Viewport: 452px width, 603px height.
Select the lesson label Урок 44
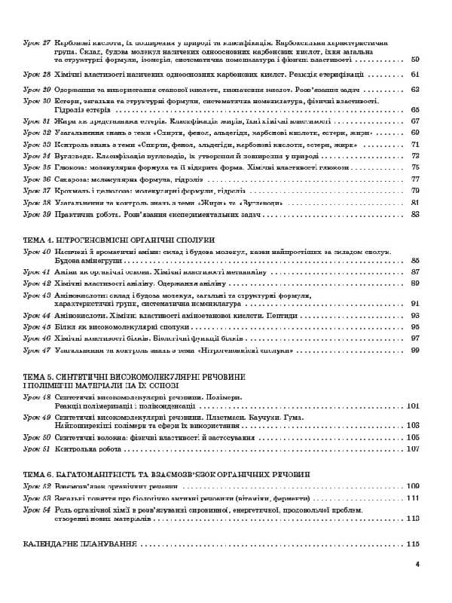[x=36, y=315]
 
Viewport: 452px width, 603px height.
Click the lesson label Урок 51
[x=36, y=448]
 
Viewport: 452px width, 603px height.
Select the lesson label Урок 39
[x=36, y=214]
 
